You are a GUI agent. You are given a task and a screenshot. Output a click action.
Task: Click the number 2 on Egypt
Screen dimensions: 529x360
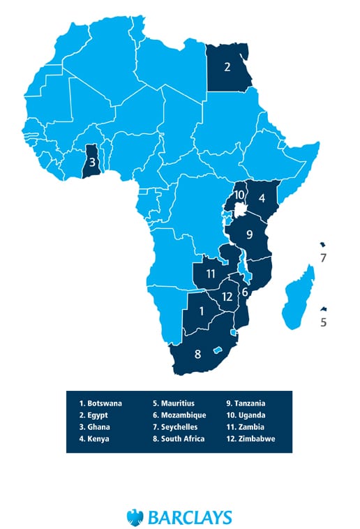[227, 68]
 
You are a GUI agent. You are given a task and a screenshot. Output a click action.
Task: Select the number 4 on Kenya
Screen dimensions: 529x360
[262, 198]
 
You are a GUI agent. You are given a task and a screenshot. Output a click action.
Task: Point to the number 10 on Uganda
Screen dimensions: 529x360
[239, 195]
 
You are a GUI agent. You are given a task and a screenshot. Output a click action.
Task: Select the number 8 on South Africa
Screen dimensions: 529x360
[197, 354]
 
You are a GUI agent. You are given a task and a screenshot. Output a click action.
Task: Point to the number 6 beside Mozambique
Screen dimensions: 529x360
[245, 292]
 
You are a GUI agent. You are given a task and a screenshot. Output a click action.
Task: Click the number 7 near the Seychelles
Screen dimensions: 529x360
[322, 258]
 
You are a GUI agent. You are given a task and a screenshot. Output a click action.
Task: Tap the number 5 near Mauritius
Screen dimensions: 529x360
[322, 322]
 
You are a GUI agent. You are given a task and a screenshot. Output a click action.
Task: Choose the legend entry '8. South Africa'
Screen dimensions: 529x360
[179, 438]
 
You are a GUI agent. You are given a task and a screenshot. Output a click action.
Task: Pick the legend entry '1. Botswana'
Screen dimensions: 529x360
[100, 403]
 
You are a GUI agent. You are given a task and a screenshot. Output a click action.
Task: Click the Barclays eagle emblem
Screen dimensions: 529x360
[135, 516]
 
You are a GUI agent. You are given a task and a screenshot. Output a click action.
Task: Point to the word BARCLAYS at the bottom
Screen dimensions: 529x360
[189, 517]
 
